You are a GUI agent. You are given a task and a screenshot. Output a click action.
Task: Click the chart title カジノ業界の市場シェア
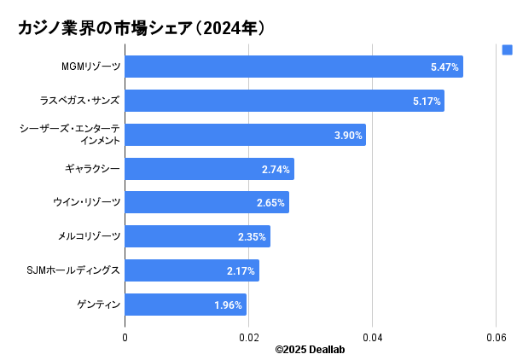142,28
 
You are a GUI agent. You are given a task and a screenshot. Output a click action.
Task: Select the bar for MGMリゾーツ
293,67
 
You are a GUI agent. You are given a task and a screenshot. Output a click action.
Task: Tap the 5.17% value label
426,101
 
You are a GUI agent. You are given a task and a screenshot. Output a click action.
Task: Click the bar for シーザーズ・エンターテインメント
245,135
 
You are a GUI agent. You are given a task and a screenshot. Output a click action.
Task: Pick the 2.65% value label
270,202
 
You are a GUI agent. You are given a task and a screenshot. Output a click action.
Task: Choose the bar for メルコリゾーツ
197,236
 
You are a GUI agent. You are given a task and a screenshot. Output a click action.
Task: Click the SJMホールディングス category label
73,270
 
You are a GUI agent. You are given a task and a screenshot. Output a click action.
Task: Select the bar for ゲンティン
185,305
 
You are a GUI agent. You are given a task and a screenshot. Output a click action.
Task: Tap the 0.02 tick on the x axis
248,338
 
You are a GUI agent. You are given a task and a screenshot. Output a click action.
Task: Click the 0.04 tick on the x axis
372,338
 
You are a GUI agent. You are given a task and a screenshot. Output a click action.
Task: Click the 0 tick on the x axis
125,338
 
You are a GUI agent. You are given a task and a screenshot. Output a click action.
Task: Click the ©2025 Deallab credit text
310,350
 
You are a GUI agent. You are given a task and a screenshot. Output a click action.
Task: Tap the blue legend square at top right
508,50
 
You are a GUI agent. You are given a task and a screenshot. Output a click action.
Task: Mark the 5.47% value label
444,67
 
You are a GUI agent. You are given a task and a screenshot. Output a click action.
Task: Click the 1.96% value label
228,305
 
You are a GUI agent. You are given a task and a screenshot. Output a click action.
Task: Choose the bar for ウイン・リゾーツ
206,202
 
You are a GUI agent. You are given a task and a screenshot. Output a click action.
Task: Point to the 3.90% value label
348,135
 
